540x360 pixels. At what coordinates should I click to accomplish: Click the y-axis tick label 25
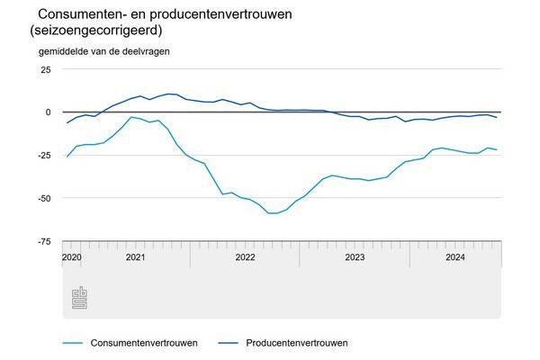[45, 69]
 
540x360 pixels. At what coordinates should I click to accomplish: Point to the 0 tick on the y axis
[48, 112]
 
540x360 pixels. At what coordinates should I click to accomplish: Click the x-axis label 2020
[72, 257]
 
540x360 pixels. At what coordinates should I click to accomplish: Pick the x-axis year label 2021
[135, 257]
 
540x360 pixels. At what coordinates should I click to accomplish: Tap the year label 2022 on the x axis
[245, 257]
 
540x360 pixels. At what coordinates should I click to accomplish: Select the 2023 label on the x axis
[355, 257]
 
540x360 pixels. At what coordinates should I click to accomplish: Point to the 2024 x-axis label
[455, 257]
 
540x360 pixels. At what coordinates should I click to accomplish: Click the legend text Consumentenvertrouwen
[144, 342]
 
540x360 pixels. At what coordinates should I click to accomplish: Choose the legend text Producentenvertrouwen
[296, 342]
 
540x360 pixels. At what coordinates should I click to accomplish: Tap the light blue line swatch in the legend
[75, 342]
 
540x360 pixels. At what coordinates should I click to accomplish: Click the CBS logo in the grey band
[79, 298]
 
